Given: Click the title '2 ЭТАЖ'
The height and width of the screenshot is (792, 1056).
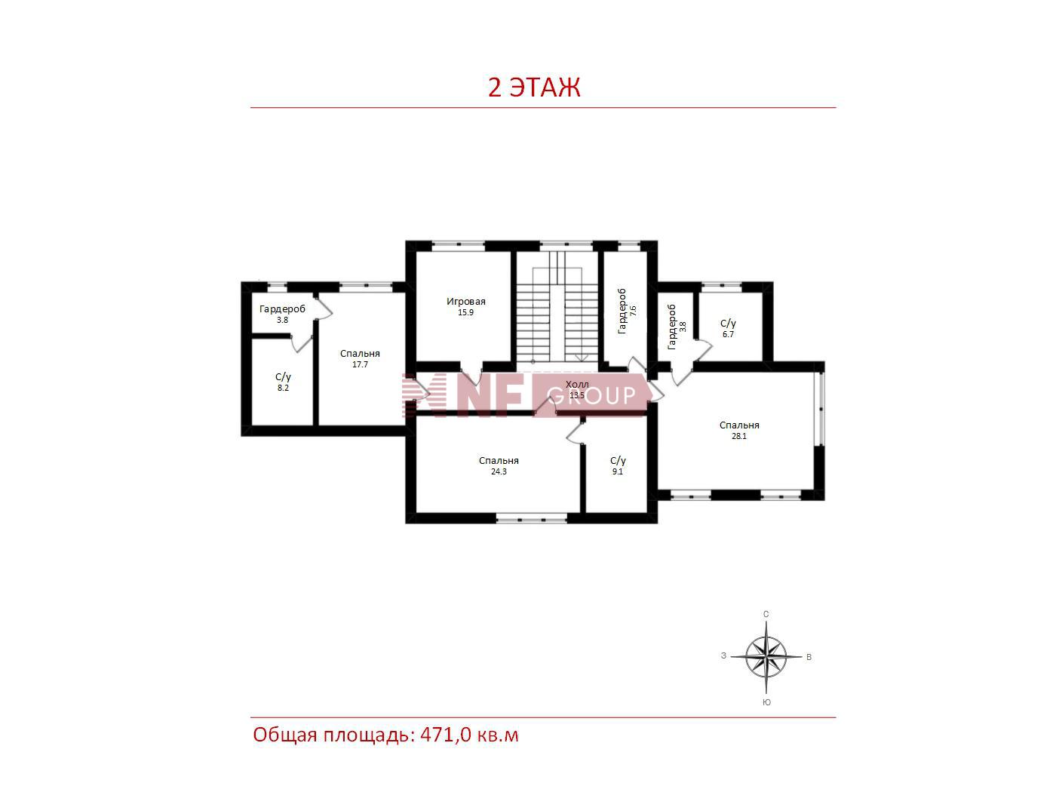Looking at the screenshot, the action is [x=533, y=87].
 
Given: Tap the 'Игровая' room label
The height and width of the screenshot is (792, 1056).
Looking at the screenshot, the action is [x=465, y=302].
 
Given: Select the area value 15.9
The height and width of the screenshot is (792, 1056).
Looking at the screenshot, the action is [x=465, y=312].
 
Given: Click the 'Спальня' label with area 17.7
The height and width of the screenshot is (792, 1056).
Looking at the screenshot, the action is [x=359, y=354].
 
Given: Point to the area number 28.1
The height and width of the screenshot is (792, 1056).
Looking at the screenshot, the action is [x=739, y=436].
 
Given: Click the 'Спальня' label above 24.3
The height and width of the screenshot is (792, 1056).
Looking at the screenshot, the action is [x=499, y=461].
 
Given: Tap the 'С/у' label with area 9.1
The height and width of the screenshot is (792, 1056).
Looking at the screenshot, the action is [x=618, y=461].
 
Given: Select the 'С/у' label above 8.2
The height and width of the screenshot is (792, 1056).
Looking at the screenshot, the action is [x=283, y=376].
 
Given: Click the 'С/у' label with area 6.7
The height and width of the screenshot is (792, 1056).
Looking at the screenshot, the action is [x=728, y=323].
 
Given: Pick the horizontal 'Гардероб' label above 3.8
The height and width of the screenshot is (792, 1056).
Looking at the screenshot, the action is [x=282, y=309].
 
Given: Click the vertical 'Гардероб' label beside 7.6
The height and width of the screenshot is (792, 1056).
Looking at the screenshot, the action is [x=622, y=311].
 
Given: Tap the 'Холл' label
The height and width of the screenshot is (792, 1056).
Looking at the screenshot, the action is [x=577, y=384].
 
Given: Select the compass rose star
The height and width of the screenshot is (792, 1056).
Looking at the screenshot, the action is [x=766, y=657].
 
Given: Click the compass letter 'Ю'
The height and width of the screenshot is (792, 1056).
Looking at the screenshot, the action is [x=767, y=702].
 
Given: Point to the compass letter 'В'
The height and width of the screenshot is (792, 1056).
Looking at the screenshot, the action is [x=809, y=657].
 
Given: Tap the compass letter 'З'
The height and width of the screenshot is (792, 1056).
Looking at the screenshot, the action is [x=723, y=656].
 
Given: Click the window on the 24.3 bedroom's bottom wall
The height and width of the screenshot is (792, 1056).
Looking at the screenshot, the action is [x=531, y=518].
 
